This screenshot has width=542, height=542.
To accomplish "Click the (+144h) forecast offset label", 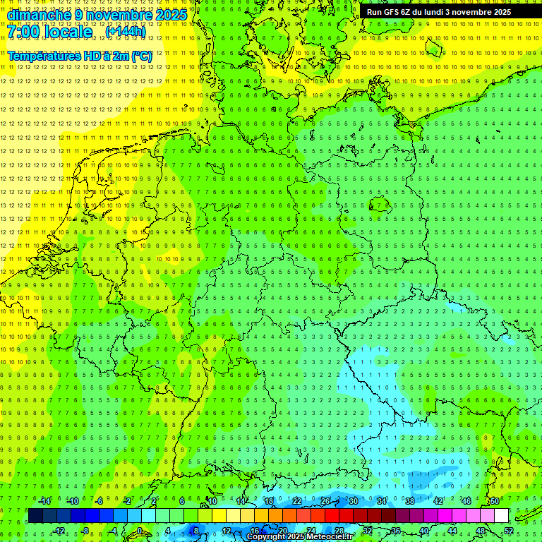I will pyautogui.click(x=126, y=32).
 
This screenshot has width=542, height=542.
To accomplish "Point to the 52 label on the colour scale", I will pyautogui.click(x=509, y=531).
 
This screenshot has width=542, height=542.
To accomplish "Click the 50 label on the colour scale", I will pyautogui.click(x=495, y=501).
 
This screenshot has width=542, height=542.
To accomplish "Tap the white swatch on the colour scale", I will pyautogui.click(x=502, y=516).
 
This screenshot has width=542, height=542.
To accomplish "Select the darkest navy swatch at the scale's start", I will pyautogui.click(x=35, y=516).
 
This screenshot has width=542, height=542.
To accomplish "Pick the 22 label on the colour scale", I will pyautogui.click(x=297, y=501).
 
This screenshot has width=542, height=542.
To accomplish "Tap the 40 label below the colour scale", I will pyautogui.click(x=424, y=531).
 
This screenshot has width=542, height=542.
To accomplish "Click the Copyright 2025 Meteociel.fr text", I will pyautogui.click(x=300, y=537).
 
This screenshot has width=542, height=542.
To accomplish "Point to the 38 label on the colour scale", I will pyautogui.click(x=410, y=501).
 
